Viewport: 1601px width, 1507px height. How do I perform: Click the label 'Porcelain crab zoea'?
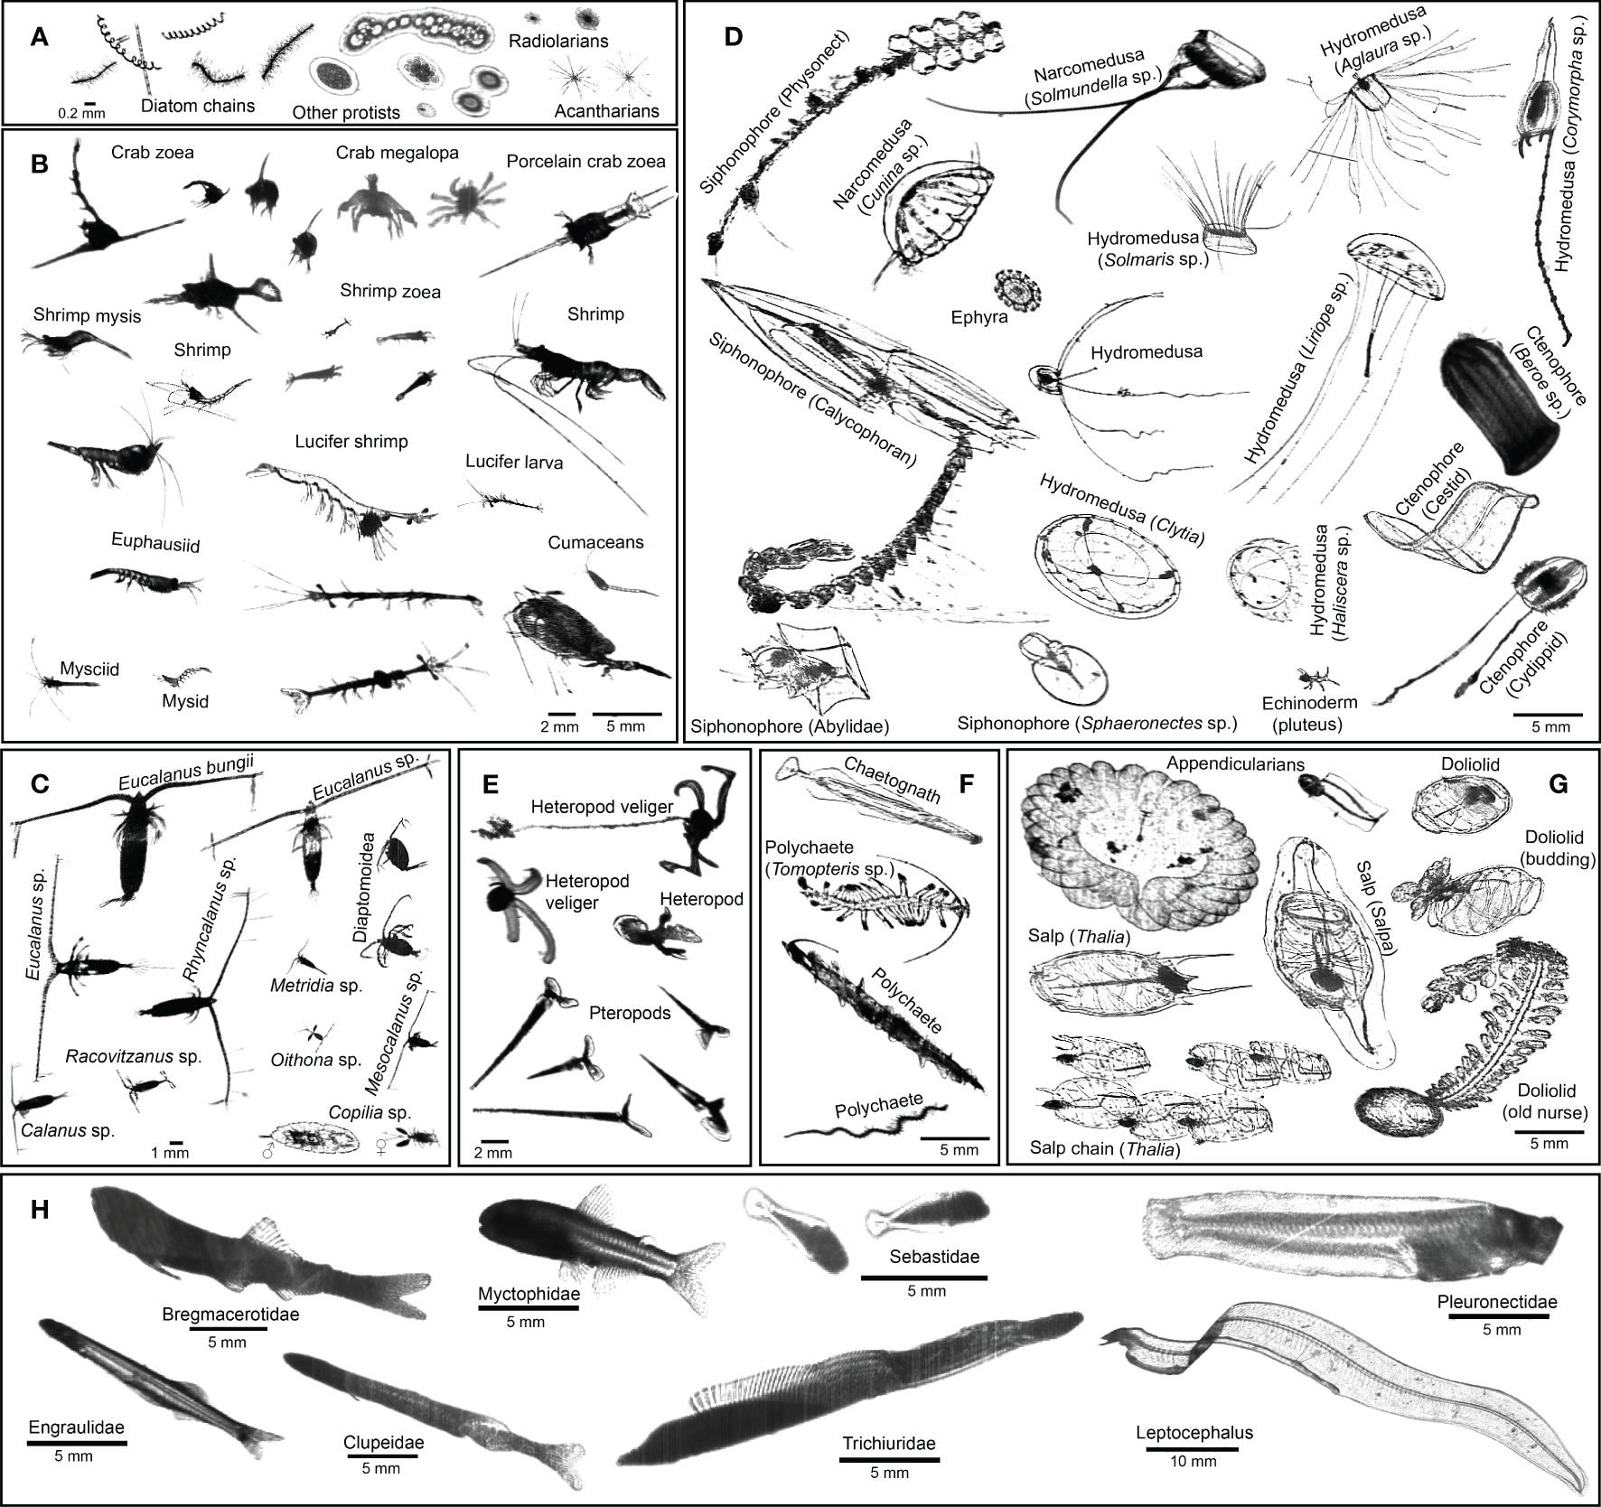click(585, 162)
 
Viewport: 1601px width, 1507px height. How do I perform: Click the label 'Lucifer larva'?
click(514, 463)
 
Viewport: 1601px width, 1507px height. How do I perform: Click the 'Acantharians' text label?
click(606, 112)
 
